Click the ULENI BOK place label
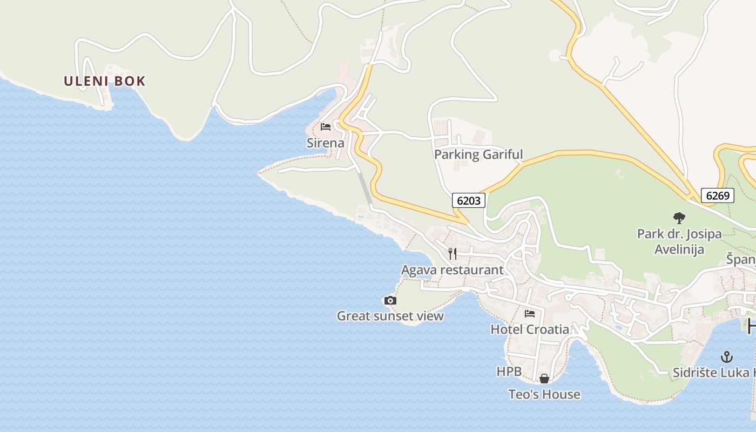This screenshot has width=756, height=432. (105, 81)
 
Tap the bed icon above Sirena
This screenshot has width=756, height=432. (326, 127)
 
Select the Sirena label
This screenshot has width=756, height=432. (326, 143)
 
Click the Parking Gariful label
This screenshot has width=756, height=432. (478, 154)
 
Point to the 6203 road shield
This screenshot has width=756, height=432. (468, 201)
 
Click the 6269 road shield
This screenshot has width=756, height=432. (718, 195)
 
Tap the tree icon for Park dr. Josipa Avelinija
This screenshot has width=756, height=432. (679, 218)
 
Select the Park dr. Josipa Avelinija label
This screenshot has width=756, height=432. (679, 241)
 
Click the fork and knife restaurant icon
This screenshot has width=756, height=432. (453, 253)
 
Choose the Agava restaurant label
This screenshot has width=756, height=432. (452, 270)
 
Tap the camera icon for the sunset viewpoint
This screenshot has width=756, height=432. (390, 300)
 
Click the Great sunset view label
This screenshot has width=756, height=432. (390, 316)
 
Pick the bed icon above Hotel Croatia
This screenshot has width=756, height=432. (530, 313)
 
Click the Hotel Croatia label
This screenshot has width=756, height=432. (530, 329)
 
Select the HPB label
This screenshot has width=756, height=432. (509, 372)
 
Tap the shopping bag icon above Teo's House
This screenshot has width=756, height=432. (544, 379)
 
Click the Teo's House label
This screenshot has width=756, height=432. (544, 395)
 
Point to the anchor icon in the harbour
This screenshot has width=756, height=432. (727, 357)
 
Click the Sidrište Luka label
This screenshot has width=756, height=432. (713, 373)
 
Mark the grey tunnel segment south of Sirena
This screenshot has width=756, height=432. (364, 187)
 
